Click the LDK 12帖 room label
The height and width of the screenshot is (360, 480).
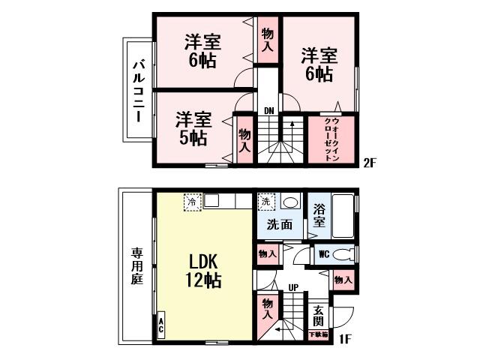click(x=203, y=272)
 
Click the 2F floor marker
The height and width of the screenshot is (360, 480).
click(x=370, y=162)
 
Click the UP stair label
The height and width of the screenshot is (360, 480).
click(x=294, y=287)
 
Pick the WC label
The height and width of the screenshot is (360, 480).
click(x=324, y=253)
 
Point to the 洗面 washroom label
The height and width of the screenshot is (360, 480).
click(x=280, y=223)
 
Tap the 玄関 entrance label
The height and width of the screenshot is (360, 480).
click(x=319, y=316)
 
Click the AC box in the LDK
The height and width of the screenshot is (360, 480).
click(x=161, y=326)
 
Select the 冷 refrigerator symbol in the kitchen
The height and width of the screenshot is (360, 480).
click(x=192, y=202)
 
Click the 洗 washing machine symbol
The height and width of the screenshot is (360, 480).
click(x=265, y=202)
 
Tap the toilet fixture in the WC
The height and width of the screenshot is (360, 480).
click(x=343, y=253)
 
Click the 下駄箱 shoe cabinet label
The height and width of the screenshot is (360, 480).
click(x=319, y=334)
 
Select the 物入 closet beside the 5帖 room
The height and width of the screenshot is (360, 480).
click(x=244, y=139)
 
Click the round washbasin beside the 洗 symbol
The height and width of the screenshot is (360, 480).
click(x=289, y=202)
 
